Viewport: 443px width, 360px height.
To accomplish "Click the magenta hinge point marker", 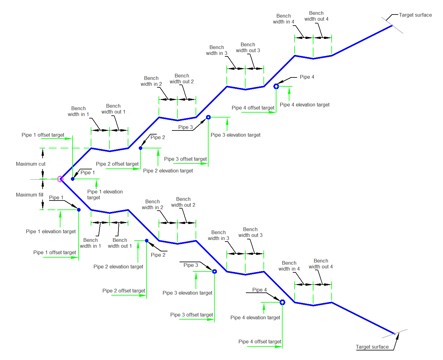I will coord(60,179).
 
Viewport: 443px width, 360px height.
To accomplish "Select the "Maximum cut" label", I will coord(31,164).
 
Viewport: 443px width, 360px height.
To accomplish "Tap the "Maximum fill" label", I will coord(30,195).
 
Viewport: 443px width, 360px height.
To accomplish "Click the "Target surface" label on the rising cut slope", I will coord(415,15).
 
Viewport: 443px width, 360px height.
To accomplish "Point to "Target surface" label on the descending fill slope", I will coord(372,347).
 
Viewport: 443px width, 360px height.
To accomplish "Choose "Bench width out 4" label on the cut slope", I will coord(316,16).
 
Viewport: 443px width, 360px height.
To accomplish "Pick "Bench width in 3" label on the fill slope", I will coord(218,235).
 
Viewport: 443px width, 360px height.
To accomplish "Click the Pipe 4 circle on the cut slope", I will coord(276,86).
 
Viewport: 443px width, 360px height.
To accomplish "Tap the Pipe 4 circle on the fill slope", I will coord(282,302).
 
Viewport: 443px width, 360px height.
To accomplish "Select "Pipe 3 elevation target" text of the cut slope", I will coord(235,135).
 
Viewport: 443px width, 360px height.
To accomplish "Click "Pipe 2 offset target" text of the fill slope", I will coord(124,291).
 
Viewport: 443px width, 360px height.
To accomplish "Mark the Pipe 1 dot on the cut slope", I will coord(72,179).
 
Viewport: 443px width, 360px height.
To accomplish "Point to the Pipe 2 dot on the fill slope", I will coord(147,241).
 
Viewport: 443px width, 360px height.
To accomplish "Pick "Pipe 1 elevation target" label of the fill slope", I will coord(51,232).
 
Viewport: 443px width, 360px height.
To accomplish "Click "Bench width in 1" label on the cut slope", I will coord(78,111).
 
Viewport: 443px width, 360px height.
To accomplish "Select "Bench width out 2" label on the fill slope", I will coord(183,202).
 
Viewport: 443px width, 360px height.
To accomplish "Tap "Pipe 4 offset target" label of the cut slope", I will coord(253,108).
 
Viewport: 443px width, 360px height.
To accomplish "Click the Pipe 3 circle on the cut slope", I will coord(208,117).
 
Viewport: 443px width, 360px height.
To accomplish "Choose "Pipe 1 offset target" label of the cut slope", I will coord(43,135).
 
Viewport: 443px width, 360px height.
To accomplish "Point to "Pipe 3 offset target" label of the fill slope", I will coord(192,315).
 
